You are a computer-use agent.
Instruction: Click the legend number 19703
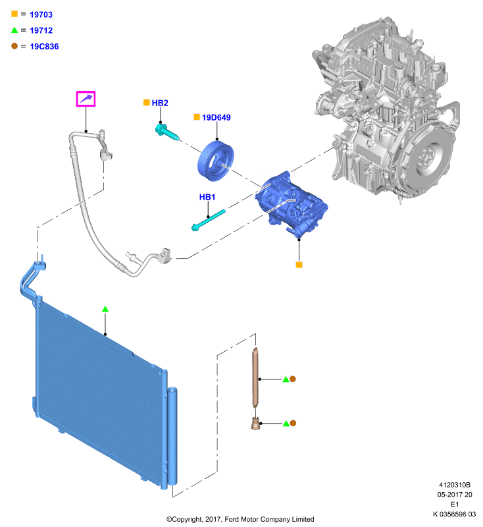point(41,14)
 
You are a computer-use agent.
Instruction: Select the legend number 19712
point(41,30)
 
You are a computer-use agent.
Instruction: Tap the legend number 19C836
point(44,46)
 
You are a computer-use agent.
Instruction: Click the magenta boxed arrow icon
point(86,99)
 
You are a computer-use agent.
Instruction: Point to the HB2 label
point(160,103)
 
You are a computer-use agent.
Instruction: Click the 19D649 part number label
point(216,117)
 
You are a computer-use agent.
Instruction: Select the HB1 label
point(207,197)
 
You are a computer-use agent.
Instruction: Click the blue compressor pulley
point(215,161)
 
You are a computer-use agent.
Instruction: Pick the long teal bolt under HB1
point(208,220)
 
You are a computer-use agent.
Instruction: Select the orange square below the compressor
point(299,265)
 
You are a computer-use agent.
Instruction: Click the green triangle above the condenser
point(105,309)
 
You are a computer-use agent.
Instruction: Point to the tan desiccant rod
point(255,378)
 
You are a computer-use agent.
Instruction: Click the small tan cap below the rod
point(255,424)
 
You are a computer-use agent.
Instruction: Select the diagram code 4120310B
point(455,485)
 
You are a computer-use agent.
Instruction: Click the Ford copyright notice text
point(240,519)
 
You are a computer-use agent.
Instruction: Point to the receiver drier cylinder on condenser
point(172,436)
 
